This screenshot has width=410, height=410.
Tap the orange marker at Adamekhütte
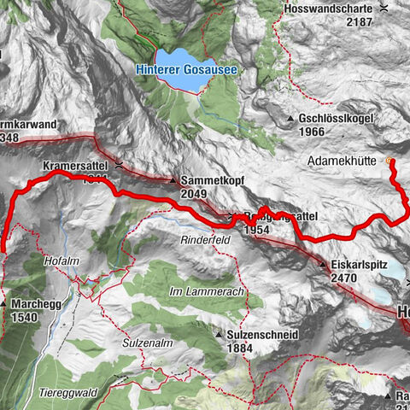391,161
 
